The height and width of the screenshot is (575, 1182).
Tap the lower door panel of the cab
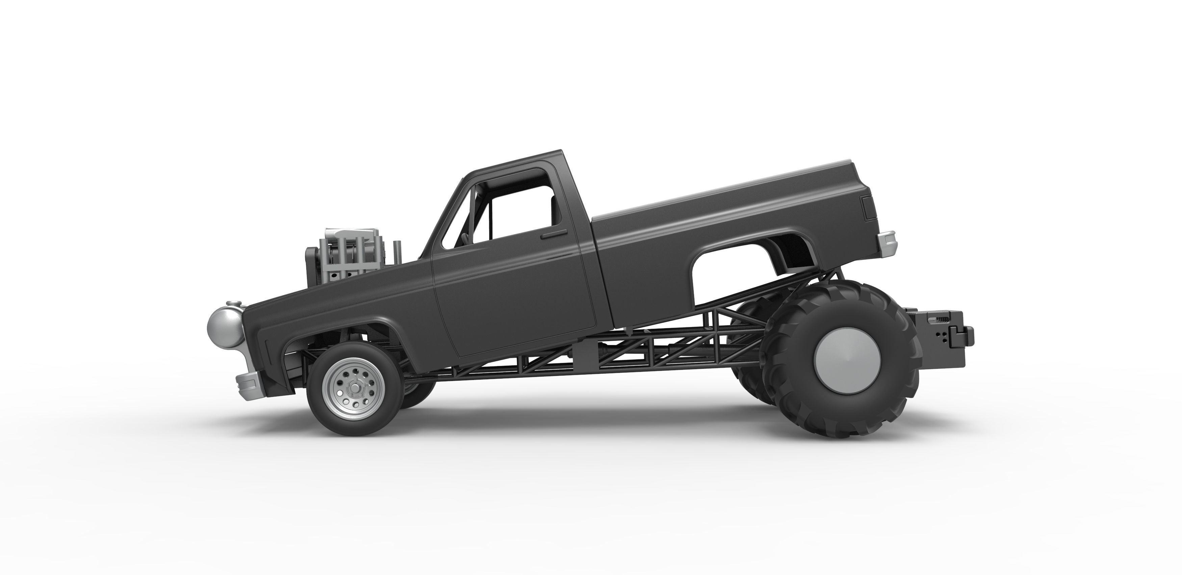(514, 312)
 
